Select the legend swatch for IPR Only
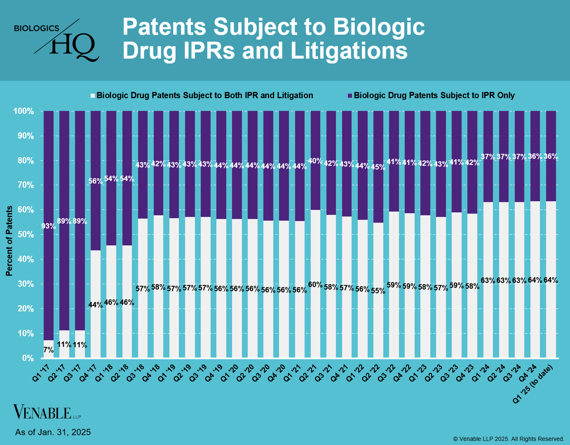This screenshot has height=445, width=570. (350, 96)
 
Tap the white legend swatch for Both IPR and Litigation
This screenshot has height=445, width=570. (93, 96)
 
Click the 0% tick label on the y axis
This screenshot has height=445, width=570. (28, 358)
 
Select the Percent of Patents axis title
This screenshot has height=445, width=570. (9, 241)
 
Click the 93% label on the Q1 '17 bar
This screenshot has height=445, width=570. (48, 226)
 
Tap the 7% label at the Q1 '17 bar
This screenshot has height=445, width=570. (48, 350)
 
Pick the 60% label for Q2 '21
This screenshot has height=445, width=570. (315, 285)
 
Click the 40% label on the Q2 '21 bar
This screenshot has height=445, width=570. (315, 161)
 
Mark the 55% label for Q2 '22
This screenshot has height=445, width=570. (378, 291)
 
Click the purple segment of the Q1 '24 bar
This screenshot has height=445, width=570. (488, 177)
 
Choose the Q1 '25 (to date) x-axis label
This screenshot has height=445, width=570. (536, 384)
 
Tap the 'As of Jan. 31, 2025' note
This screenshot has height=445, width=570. (53, 432)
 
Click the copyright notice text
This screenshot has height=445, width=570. (509, 439)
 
